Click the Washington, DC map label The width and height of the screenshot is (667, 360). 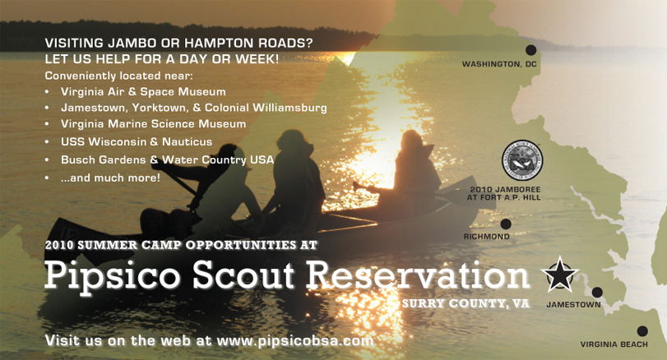[498, 64]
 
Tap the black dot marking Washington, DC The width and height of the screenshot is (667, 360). [531, 50]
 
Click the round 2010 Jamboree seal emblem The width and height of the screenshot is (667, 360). [522, 159]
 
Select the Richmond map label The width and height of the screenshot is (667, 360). [486, 237]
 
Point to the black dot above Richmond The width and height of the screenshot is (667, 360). [506, 224]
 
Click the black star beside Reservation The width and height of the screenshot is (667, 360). [559, 275]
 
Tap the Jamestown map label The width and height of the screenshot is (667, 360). [573, 305]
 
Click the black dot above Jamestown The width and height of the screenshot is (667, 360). [597, 292]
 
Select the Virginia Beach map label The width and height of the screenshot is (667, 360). [614, 344]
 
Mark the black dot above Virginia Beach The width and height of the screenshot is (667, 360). [642, 331]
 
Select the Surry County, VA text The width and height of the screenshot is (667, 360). [466, 303]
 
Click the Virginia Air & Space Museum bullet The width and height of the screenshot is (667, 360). [142, 91]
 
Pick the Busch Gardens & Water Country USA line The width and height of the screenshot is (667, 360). [167, 159]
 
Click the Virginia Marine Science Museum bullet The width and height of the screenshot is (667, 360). [153, 124]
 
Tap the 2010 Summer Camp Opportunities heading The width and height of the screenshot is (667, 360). [180, 244]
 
